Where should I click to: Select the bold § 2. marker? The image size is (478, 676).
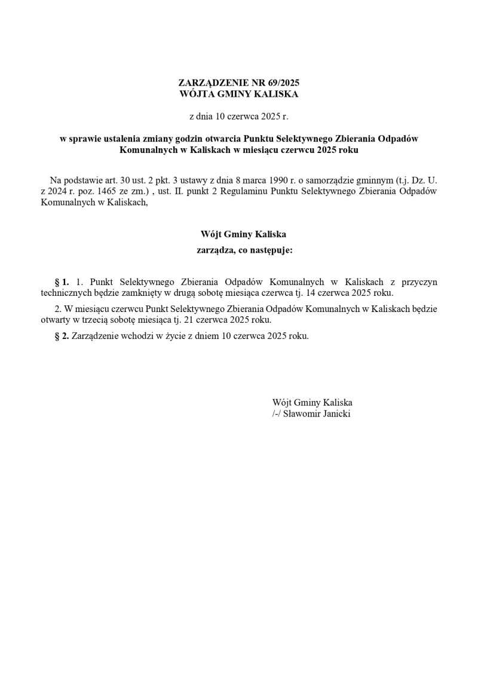tap(62, 336)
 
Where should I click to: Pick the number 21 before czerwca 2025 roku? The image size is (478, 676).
tap(193, 320)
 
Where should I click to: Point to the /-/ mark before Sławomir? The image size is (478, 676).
tap(277, 414)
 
